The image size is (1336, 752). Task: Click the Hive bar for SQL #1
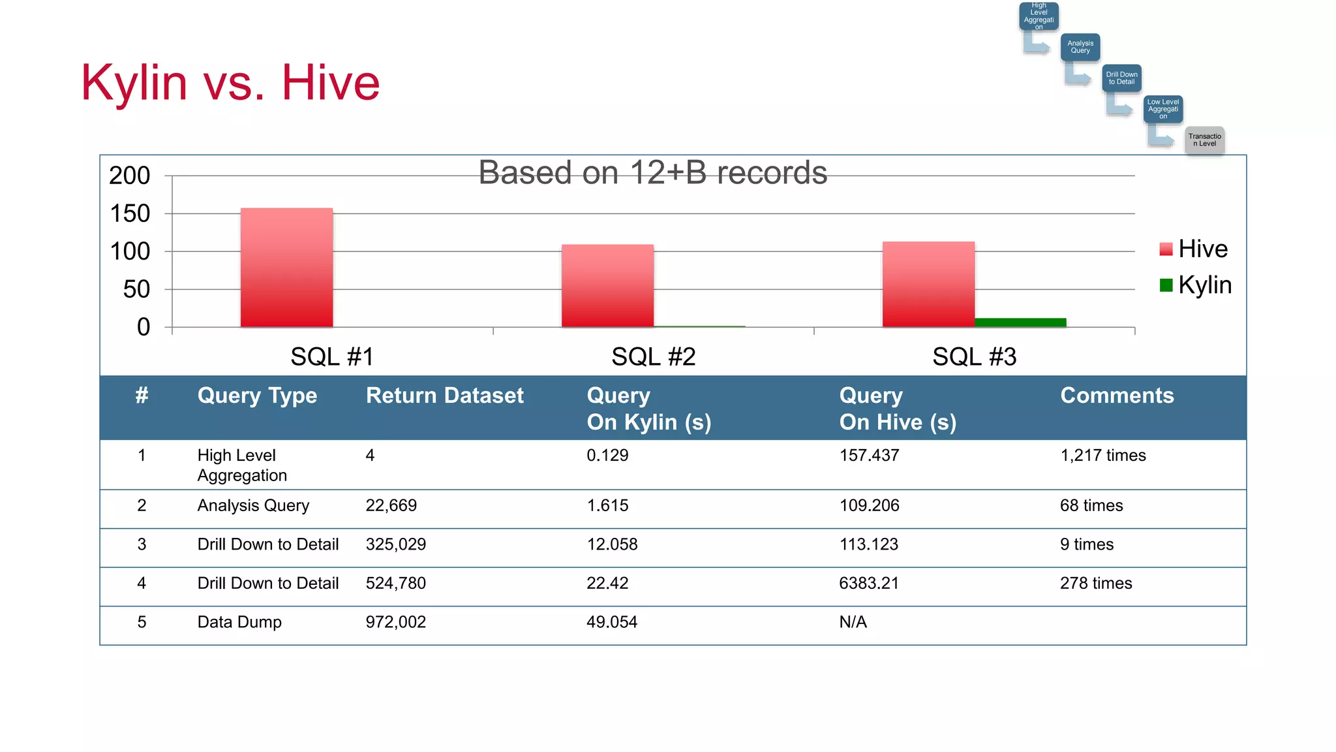pyautogui.click(x=286, y=268)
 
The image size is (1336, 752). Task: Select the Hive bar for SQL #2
pyautogui.click(x=607, y=286)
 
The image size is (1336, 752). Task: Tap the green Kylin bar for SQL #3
pyautogui.click(x=1020, y=322)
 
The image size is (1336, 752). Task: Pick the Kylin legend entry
pyautogui.click(x=1195, y=285)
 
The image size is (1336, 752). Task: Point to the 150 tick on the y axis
pyautogui.click(x=130, y=213)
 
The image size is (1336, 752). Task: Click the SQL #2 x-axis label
pyautogui.click(x=653, y=357)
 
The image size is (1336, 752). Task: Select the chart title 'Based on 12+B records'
pyautogui.click(x=652, y=173)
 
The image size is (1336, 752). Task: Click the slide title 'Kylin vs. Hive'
pyautogui.click(x=230, y=83)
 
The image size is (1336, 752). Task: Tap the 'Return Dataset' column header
pyautogui.click(x=444, y=396)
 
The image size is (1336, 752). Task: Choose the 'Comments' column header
pyautogui.click(x=1117, y=396)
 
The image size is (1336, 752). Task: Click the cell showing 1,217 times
pyautogui.click(x=1102, y=456)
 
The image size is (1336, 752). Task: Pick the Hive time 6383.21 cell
pyautogui.click(x=868, y=584)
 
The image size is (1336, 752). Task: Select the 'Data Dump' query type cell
pyautogui.click(x=239, y=622)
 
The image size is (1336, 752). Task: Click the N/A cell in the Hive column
pyautogui.click(x=853, y=622)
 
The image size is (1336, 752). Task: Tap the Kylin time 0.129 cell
pyautogui.click(x=607, y=456)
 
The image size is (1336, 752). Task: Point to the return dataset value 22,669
pyautogui.click(x=391, y=506)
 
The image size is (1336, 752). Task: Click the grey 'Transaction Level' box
pyautogui.click(x=1204, y=140)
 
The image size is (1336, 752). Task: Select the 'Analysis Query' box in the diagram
pyautogui.click(x=1080, y=47)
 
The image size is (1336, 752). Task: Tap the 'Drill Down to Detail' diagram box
pyautogui.click(x=1121, y=78)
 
